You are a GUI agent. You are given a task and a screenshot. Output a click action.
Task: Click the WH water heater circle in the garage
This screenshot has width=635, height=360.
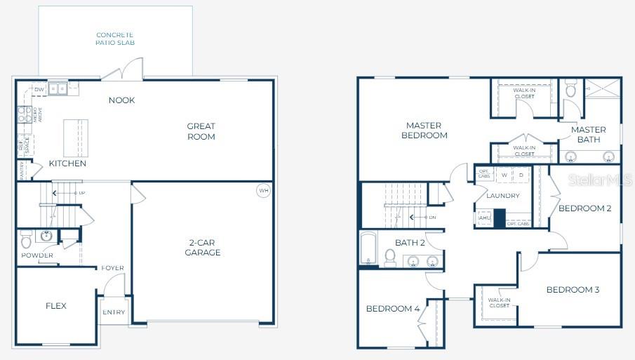coord(263,190)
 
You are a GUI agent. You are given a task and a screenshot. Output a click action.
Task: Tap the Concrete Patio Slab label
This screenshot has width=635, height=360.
coord(115,39)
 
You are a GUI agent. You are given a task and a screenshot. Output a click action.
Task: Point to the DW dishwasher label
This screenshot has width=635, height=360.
coord(39,90)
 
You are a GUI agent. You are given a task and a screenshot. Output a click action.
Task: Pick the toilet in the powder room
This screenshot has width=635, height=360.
coord(27,240)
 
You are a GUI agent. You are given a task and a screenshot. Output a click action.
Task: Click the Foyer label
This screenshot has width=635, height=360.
coord(112,268)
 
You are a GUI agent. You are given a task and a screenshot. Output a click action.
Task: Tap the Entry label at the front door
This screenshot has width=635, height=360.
coord(114,312)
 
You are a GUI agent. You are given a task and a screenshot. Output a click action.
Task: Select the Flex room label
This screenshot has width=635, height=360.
coord(56,306)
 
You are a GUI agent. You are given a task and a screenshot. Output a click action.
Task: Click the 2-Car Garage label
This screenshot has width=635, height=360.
coord(203,248)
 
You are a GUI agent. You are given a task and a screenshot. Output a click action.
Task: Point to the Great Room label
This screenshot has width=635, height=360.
coord(201,131)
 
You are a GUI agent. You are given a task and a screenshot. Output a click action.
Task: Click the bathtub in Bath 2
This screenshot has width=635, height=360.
coord(369,248)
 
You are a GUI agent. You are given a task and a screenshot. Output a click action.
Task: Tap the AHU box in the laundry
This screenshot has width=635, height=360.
coord(484,218)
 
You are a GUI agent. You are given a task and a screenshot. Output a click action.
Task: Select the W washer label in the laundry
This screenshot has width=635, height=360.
coord(504,175)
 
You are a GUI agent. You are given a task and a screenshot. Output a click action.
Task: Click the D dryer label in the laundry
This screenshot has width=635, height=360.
coord(521,175)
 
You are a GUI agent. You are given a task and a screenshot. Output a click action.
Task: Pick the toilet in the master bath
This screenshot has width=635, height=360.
coord(570,89)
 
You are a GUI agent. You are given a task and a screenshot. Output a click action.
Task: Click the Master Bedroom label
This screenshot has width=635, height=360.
coord(424,131)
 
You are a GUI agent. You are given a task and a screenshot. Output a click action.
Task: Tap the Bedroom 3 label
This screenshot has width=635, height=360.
coord(573,290)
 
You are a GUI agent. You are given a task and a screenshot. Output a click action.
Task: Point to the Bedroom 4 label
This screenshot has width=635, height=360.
coord(392,309)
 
